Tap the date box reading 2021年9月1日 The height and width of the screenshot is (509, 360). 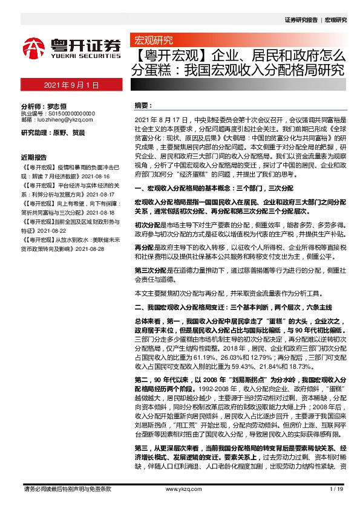(x=71, y=85)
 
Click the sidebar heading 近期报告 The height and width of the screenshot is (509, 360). (x=34, y=155)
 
